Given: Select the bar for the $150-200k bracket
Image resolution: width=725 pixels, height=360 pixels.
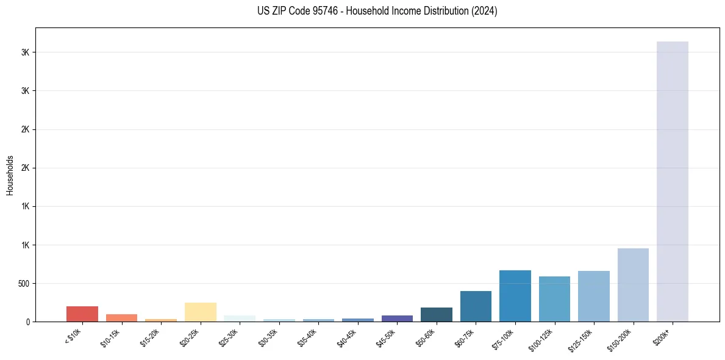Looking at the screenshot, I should coord(633,285).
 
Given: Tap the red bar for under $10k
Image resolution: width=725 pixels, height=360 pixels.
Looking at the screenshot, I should coord(82,314).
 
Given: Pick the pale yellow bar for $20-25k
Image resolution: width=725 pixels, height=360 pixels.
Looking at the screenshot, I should coord(201,312).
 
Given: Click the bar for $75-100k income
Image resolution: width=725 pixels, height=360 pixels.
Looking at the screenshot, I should coord(515,296).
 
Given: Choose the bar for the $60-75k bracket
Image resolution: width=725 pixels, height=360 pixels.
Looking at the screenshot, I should coord(476,306).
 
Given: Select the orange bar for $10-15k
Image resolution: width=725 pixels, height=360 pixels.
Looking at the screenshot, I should coord(121,318).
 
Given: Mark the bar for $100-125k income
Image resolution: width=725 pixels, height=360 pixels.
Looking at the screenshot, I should coord(554,299).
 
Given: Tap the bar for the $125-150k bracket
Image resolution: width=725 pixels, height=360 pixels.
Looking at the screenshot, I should coord(594,296).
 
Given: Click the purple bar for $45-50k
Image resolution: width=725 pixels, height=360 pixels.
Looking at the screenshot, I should coord(397,319).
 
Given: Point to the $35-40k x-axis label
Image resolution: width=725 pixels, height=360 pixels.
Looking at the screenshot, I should coord(309,337).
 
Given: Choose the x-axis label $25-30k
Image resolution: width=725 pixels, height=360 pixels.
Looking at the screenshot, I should coord(230,337).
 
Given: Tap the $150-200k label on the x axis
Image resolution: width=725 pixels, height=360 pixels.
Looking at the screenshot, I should coord(622,339).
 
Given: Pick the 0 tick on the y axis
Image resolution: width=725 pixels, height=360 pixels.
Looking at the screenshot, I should coord(28,322).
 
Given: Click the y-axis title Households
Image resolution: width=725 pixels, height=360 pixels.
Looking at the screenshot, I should coord(10,175).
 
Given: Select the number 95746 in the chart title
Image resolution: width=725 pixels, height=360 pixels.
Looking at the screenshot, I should coord(319,11).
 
